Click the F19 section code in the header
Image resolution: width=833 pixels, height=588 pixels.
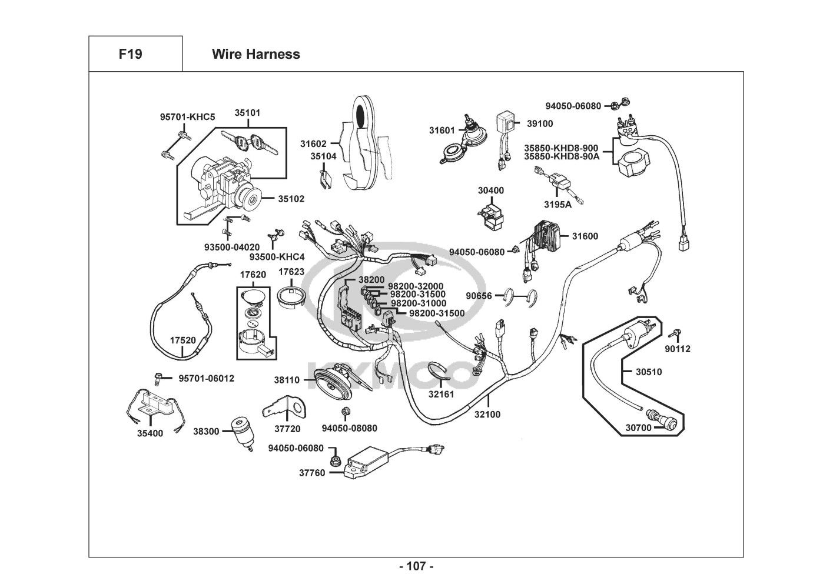pyautogui.click(x=130, y=54)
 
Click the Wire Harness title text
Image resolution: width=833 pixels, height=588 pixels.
pyautogui.click(x=255, y=54)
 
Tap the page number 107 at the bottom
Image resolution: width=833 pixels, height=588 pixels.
pyautogui.click(x=416, y=567)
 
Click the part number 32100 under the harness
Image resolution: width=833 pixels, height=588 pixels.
pyautogui.click(x=487, y=415)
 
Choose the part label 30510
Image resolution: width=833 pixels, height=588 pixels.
pyautogui.click(x=649, y=372)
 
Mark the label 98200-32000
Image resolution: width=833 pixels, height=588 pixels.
pyautogui.click(x=416, y=286)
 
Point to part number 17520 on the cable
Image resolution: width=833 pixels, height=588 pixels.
pyautogui.click(x=182, y=340)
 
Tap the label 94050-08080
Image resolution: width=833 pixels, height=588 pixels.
pyautogui.click(x=349, y=428)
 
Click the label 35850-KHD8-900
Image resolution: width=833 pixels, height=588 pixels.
pyautogui.click(x=561, y=148)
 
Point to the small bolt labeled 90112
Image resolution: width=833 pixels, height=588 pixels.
pyautogui.click(x=676, y=335)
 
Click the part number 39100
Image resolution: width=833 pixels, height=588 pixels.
pyautogui.click(x=540, y=123)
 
